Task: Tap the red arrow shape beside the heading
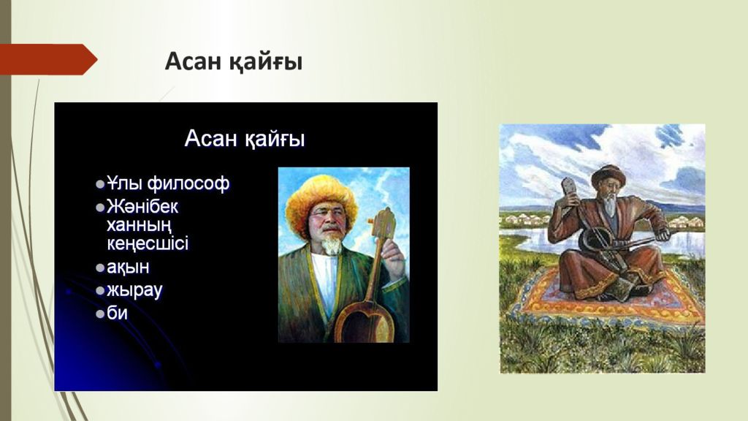47,59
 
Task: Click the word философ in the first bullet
188,183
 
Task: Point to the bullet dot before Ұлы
100,184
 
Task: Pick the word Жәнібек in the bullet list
142,207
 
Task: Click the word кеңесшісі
148,243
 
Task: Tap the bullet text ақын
128,268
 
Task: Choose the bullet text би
117,313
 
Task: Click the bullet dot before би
100,314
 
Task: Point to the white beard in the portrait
331,244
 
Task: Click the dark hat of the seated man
608,177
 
